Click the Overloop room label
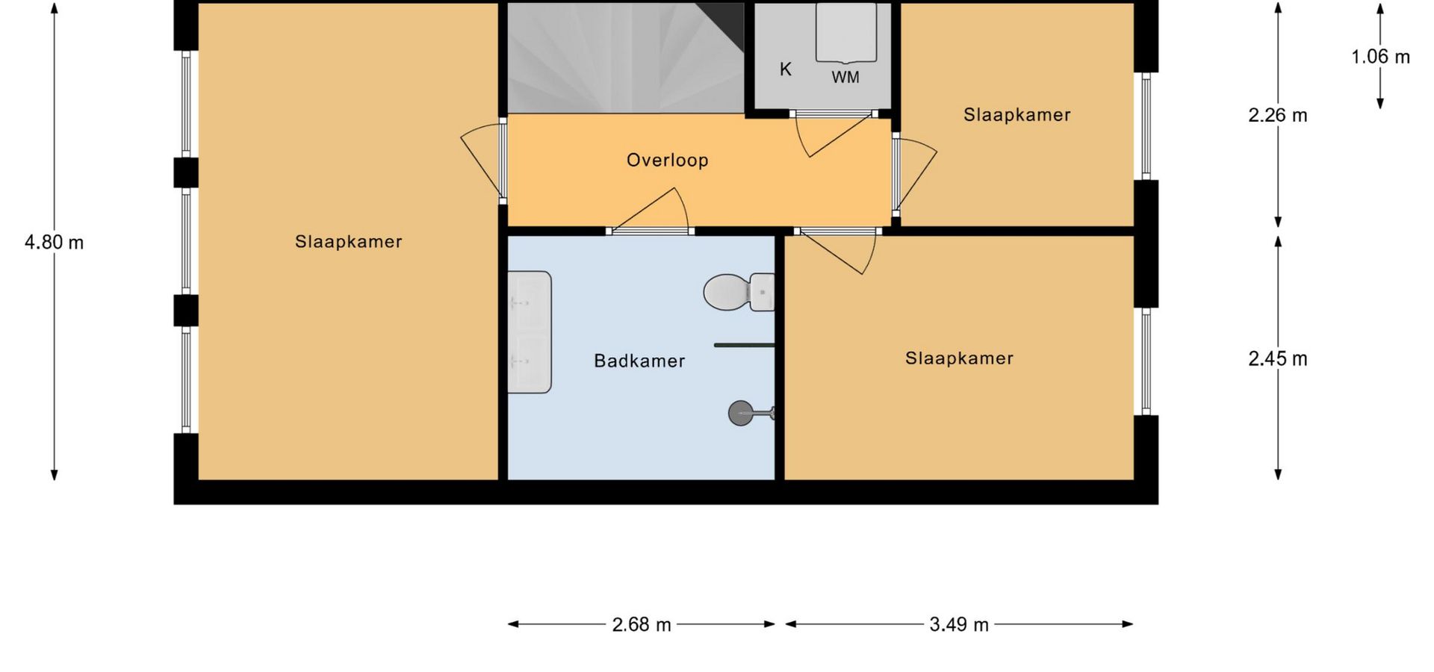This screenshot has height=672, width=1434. click(667, 160)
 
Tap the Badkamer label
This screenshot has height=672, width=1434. click(639, 361)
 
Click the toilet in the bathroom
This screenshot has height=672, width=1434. click(739, 292)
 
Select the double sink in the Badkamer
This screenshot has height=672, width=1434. click(530, 332)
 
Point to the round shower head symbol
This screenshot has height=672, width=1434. click(741, 413)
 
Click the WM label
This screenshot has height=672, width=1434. click(845, 77)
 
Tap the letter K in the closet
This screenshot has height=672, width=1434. click(786, 69)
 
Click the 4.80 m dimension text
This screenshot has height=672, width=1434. click(54, 242)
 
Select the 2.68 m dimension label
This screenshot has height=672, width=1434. click(642, 624)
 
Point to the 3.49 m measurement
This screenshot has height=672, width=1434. click(959, 624)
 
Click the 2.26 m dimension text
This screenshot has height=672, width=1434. click(1278, 115)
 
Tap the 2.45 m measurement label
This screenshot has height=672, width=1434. click(1278, 358)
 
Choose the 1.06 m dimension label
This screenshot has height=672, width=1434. click(1380, 56)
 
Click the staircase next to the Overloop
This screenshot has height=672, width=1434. click(626, 58)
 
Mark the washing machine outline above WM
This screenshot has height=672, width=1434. click(845, 33)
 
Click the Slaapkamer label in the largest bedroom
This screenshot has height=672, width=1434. click(349, 241)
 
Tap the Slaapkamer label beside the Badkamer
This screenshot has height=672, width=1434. click(959, 358)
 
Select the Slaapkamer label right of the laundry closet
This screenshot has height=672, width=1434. click(1016, 114)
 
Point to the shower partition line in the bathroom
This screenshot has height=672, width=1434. click(745, 345)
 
